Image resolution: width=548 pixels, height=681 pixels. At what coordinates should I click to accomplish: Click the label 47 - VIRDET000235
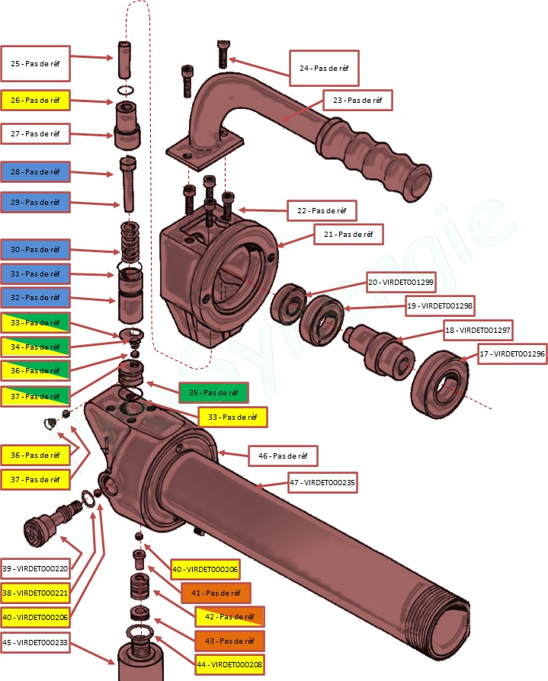(322, 482)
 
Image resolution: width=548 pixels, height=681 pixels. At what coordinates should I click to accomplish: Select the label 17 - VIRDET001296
(512, 354)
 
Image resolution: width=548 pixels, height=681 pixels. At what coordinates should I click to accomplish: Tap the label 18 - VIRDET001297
(478, 331)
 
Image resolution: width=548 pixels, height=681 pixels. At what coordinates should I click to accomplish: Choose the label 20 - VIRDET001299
(400, 282)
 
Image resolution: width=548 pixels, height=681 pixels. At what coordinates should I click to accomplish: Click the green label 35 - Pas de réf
(213, 393)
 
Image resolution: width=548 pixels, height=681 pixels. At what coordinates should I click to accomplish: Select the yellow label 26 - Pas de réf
(35, 100)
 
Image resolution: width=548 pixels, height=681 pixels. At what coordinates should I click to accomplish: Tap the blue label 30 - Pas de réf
(35, 249)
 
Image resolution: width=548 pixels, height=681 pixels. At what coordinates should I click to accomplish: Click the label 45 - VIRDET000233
(35, 643)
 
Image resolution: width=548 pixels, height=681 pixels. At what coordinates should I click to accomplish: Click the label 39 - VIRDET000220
(35, 568)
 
